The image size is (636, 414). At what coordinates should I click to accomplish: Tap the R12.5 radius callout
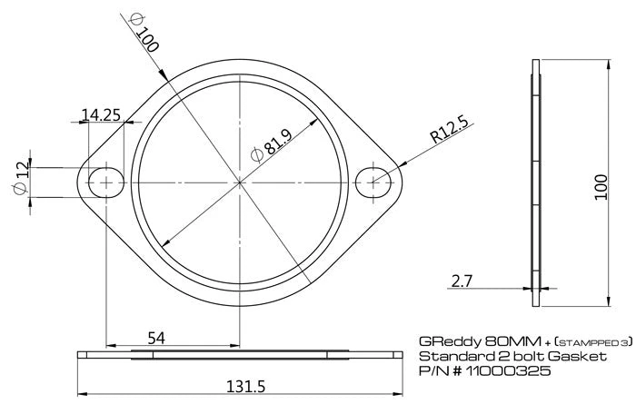[x=450, y=129]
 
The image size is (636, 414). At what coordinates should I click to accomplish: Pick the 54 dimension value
[x=155, y=338]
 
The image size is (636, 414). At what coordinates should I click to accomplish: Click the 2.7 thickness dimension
[x=462, y=281]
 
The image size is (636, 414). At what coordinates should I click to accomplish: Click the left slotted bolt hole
[x=107, y=182]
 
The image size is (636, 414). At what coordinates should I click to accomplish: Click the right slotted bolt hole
[x=373, y=182]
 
